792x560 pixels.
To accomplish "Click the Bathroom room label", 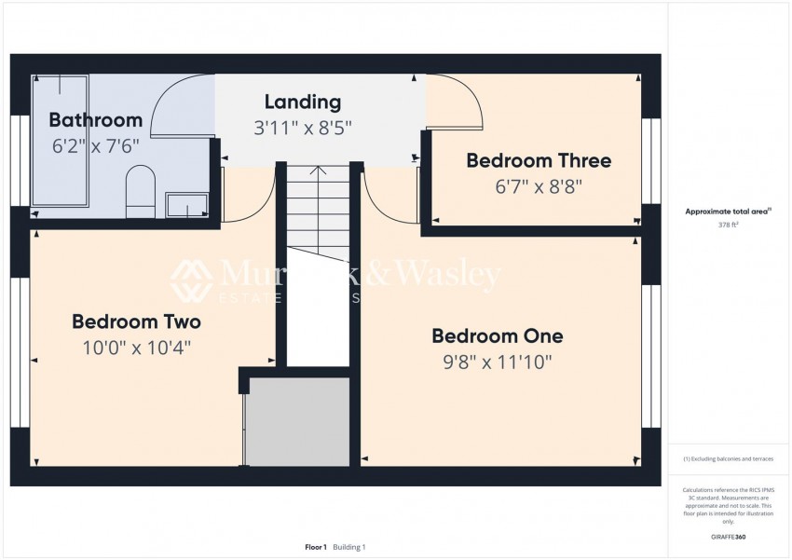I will click(95, 120).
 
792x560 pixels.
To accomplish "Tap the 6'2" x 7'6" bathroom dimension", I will click(97, 145).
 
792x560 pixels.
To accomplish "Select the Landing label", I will click(302, 102).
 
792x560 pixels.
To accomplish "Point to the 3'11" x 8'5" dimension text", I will click(303, 128).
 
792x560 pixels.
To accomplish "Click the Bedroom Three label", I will click(539, 160).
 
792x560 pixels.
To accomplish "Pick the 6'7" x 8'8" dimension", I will click(539, 186).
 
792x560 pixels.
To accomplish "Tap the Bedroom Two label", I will click(136, 322).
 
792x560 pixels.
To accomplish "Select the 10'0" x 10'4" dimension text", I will click(137, 348).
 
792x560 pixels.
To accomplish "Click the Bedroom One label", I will click(497, 336).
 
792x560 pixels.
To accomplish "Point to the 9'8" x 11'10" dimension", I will click(498, 362).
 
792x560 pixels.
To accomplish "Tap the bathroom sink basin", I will click(185, 204).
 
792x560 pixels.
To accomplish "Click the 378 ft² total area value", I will click(727, 225).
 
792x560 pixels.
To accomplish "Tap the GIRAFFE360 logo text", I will click(727, 537).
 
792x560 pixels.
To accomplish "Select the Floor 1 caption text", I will click(316, 547).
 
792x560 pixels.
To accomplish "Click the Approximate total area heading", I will click(727, 212).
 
